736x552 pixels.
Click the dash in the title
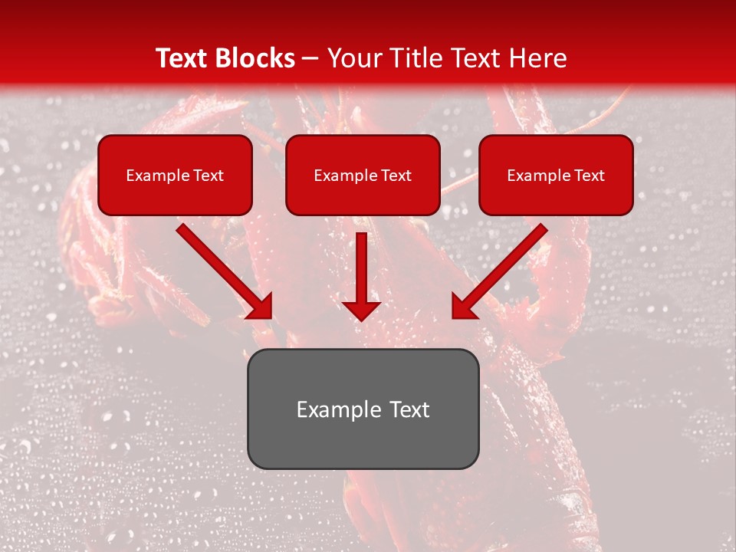[x=311, y=59]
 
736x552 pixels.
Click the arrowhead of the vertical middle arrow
[x=361, y=310]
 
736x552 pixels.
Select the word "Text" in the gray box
[x=409, y=409]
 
